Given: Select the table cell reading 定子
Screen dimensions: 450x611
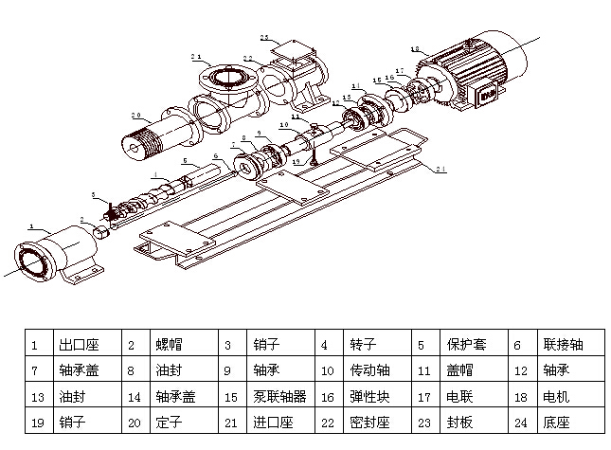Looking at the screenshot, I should click(x=170, y=423).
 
